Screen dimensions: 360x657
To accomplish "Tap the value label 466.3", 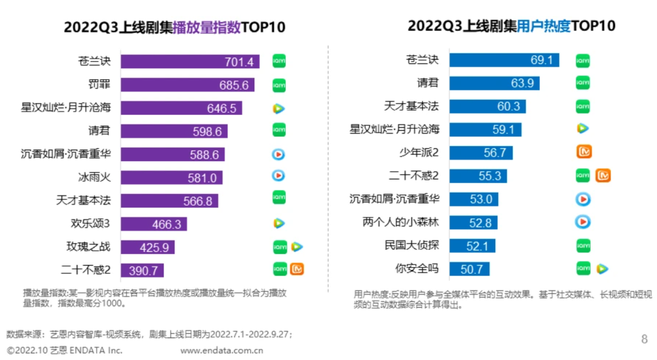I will click(167, 224).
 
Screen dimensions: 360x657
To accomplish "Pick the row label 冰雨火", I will click(94, 177).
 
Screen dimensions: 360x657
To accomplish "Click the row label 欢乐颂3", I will click(91, 223).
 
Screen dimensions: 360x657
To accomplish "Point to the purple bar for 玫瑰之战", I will click(147, 247).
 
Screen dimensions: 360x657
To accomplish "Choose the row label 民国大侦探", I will click(412, 245).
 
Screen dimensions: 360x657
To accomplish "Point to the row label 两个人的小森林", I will click(401, 222).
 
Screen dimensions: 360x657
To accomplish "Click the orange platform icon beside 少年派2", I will click(583, 152).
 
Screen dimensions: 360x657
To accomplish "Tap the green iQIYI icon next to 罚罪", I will click(279, 85).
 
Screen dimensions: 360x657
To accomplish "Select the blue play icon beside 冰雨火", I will click(279, 176).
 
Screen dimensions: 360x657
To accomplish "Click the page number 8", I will click(645, 339).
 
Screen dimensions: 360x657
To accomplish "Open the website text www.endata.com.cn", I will click(221, 350).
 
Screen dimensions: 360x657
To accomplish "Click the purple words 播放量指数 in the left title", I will click(207, 27).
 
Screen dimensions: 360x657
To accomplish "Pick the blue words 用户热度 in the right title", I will click(543, 26).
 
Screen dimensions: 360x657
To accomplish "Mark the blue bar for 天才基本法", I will click(487, 106).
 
